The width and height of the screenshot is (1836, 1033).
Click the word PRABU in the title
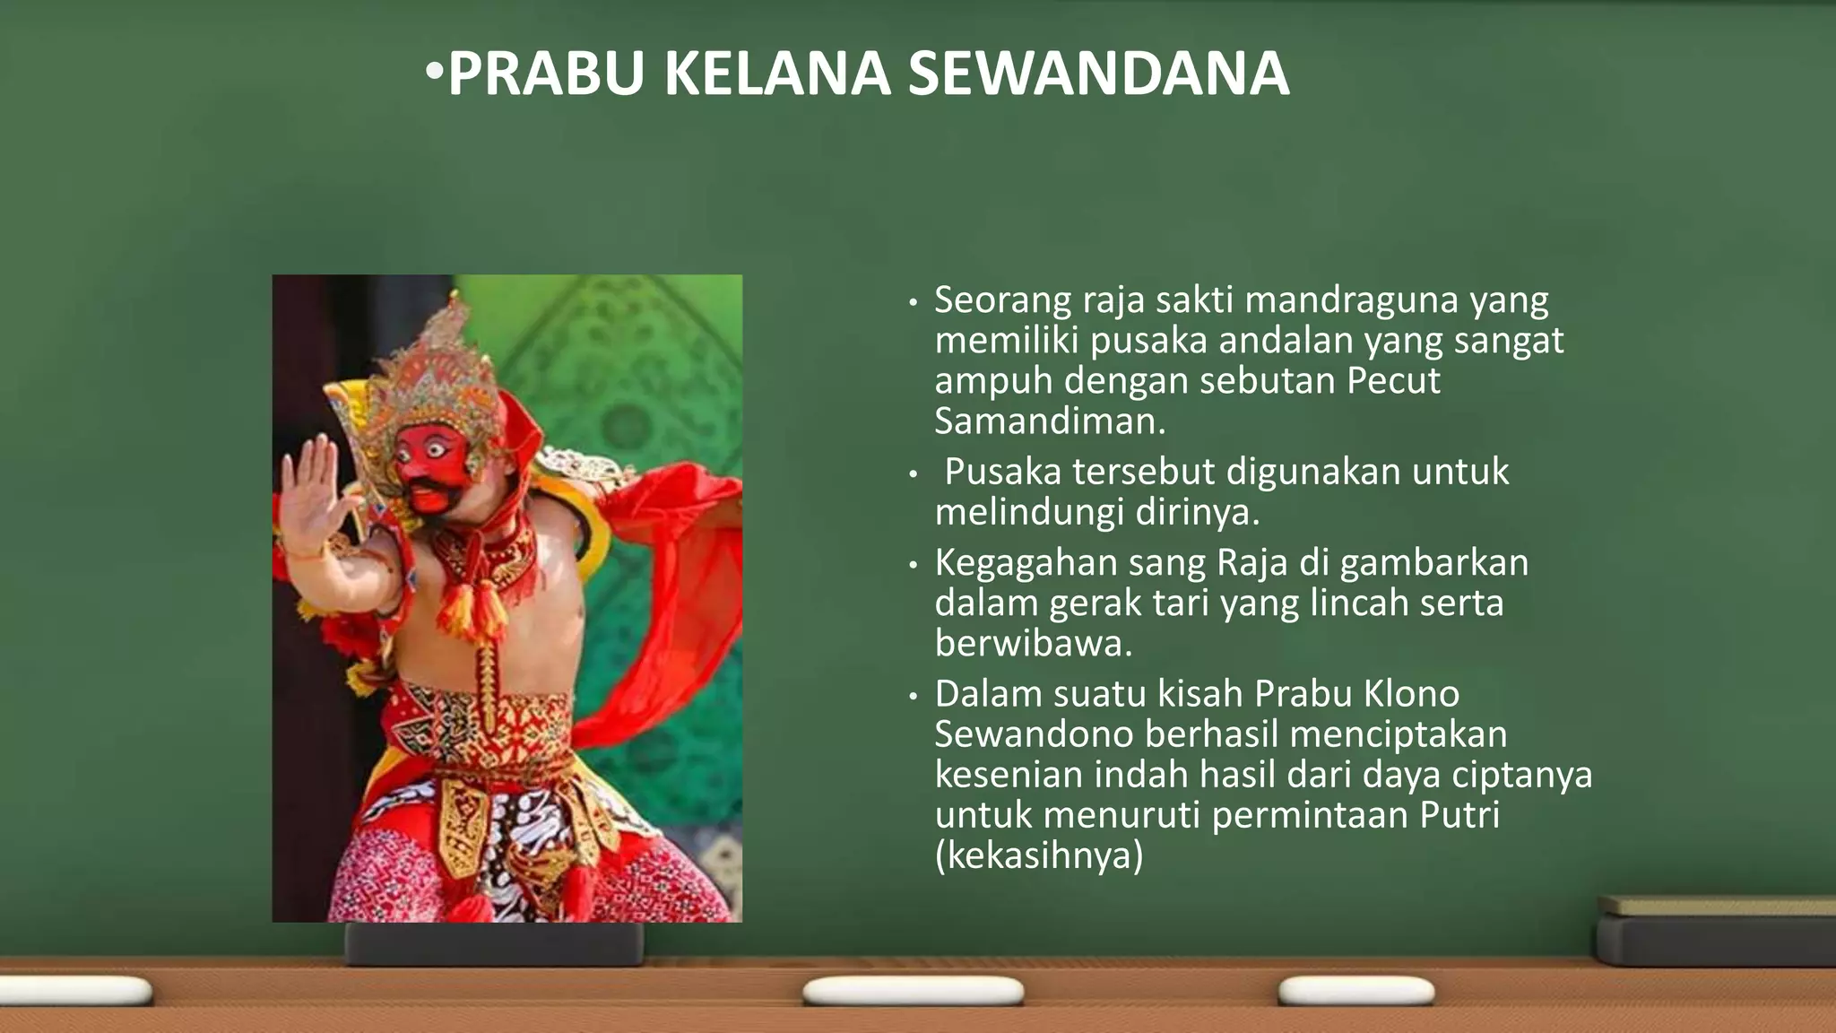[x=545, y=74]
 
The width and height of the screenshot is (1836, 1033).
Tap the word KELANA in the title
[x=776, y=74]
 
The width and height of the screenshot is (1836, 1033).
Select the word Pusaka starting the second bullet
[x=1002, y=472]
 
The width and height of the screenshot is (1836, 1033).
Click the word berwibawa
[x=1033, y=644]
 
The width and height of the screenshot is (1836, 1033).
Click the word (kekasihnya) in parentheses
[x=1039, y=855]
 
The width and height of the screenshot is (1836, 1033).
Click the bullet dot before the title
[x=434, y=70]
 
